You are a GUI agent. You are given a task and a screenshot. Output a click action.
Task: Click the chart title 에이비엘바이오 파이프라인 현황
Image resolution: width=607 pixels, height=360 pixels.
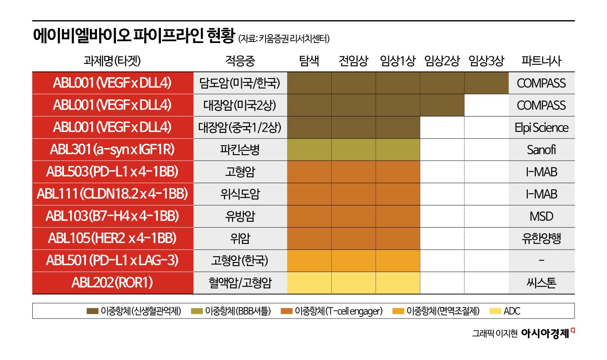pos(134,36)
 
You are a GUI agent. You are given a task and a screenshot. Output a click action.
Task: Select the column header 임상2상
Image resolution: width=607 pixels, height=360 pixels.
pos(442,61)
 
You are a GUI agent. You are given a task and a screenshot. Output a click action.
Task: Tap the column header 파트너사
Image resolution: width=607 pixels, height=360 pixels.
pos(541,61)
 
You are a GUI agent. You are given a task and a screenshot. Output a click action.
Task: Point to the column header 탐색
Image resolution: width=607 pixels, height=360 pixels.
pos(309,61)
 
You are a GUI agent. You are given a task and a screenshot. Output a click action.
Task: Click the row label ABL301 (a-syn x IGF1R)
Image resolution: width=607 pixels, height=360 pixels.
pos(113,150)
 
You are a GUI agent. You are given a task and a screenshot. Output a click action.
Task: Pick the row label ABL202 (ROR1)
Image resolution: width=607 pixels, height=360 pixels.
pos(113,283)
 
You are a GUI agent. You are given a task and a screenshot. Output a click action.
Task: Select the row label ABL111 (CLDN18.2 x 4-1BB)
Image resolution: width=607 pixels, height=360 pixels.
pos(113,194)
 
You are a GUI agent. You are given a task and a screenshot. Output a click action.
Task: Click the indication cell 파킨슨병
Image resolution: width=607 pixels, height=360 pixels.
pos(240,150)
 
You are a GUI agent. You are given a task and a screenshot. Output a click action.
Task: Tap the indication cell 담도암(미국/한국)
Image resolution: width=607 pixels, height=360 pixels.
pos(240,83)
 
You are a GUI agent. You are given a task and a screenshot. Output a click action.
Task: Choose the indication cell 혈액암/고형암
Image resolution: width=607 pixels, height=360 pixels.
pos(240,283)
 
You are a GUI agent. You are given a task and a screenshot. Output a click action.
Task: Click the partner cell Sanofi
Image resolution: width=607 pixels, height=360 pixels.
pos(541,150)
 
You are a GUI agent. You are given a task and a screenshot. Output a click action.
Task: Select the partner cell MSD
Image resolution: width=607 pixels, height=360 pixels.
pos(541,216)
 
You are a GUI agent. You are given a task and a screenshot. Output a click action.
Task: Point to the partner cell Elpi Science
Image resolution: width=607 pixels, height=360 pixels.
pos(541,127)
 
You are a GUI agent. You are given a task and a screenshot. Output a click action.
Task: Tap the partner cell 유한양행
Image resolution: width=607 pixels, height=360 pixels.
pos(541,239)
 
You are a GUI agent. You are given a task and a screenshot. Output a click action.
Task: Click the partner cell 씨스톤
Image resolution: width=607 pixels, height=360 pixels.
pos(541,283)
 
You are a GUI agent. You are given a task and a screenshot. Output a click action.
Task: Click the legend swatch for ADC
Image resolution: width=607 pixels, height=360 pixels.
pos(495,311)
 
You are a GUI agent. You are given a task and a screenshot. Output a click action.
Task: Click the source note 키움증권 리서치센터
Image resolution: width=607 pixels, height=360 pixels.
pos(294,39)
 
